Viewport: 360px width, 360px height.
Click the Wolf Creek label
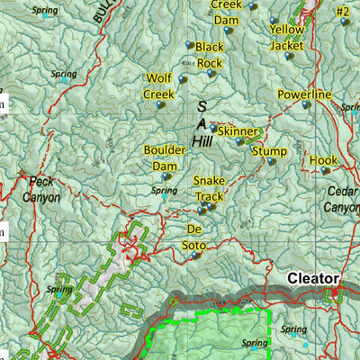(158, 85)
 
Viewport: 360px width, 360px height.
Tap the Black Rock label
(209, 55)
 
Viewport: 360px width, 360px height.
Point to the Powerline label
(304, 94)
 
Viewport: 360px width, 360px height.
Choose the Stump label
(269, 150)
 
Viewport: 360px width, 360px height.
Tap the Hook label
(323, 159)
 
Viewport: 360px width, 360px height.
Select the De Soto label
(196, 236)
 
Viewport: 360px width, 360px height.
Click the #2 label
(341, 12)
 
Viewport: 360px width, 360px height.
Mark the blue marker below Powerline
(305, 105)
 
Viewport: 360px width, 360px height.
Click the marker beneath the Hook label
(324, 170)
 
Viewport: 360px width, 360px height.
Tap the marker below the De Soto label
(195, 256)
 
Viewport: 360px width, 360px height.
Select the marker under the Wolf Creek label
(160, 104)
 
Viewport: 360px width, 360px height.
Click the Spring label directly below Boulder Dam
(165, 191)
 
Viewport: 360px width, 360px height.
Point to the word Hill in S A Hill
(202, 142)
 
